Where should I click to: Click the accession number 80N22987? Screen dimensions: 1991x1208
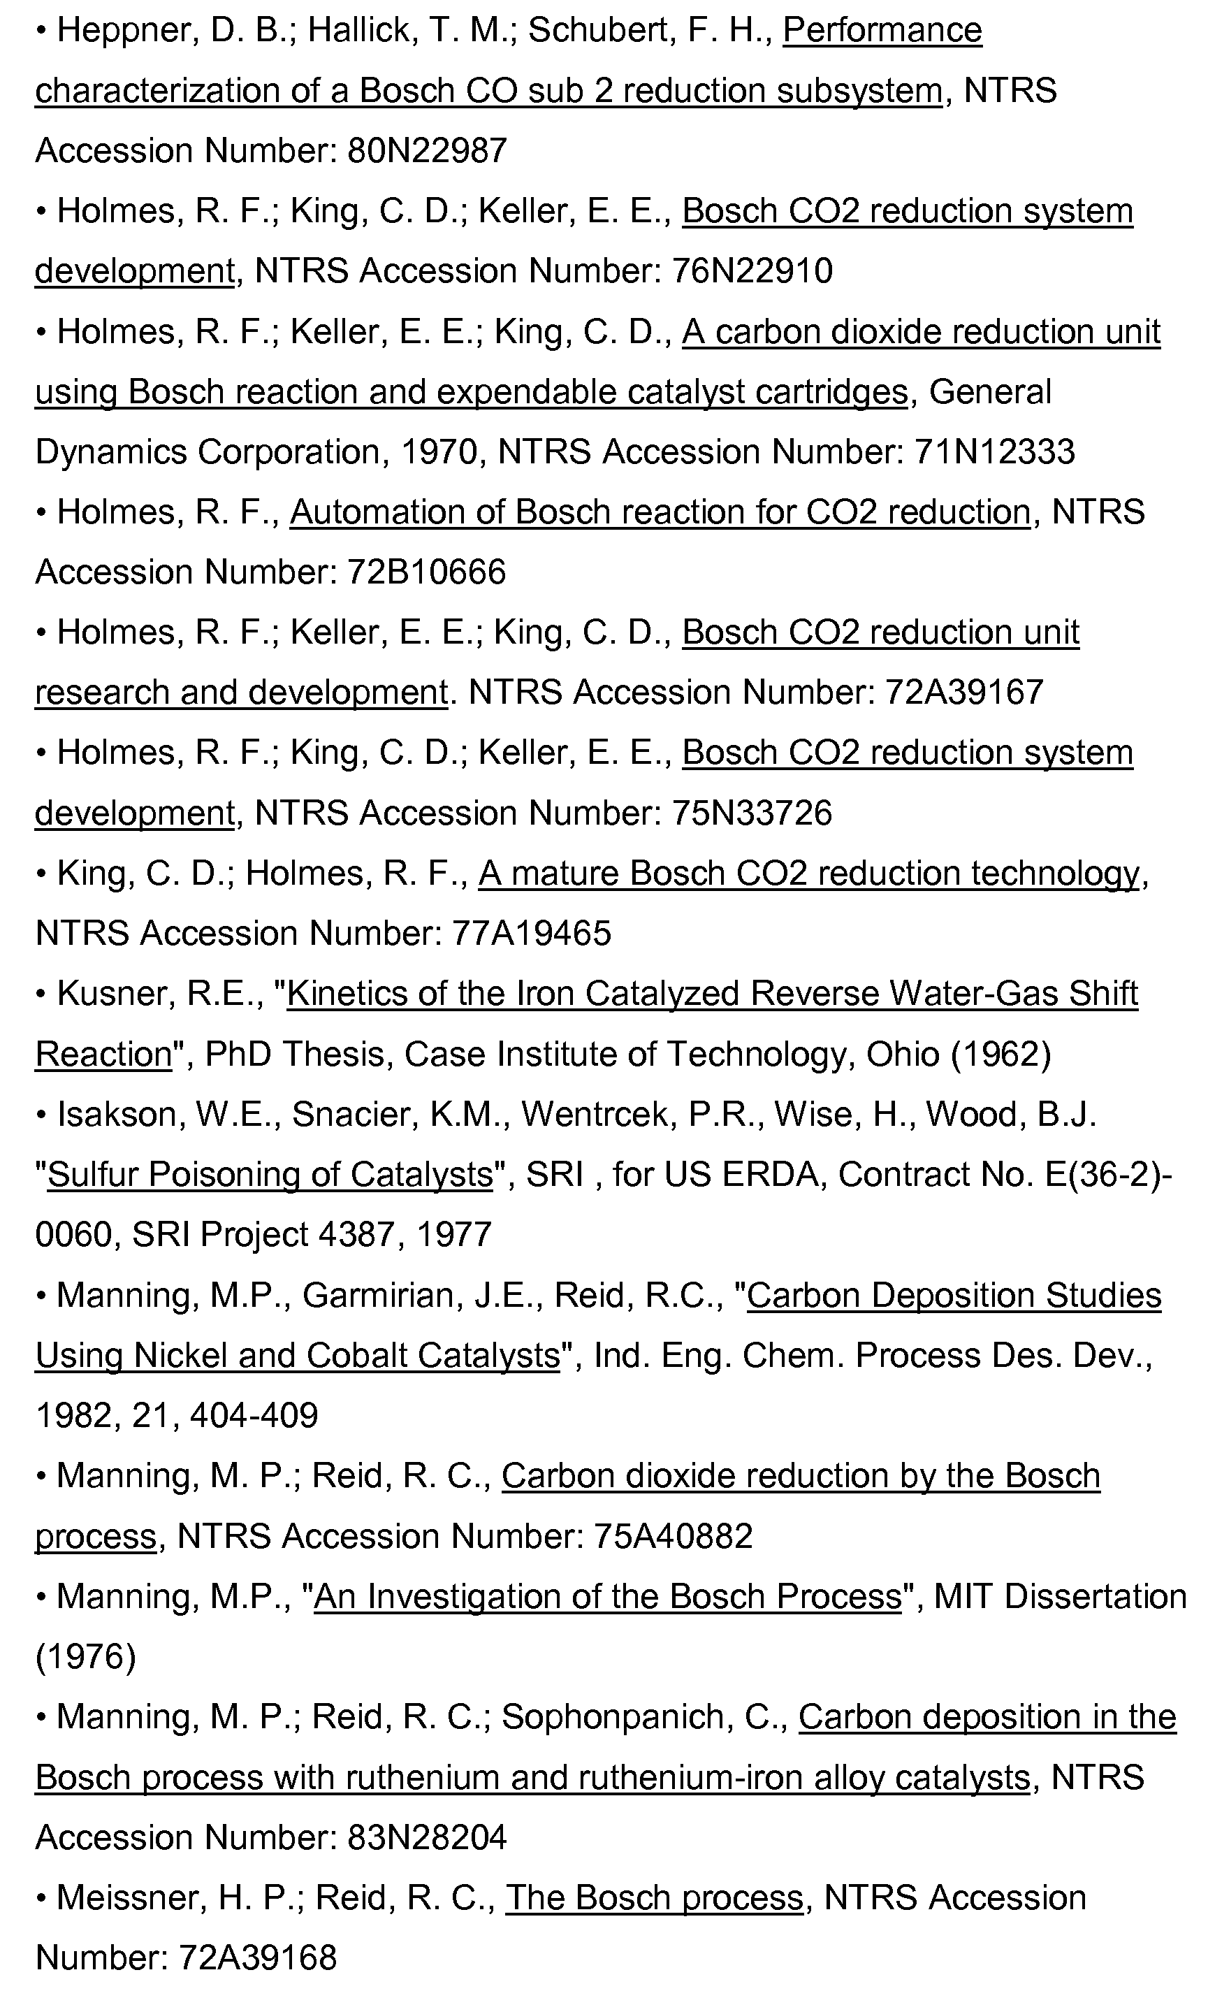click(x=427, y=151)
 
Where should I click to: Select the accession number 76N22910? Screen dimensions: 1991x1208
click(x=752, y=271)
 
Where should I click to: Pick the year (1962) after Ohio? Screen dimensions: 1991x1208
click(x=1001, y=1055)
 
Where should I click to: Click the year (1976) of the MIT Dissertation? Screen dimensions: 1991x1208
click(x=86, y=1657)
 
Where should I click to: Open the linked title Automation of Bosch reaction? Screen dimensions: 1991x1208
click(x=660, y=512)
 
